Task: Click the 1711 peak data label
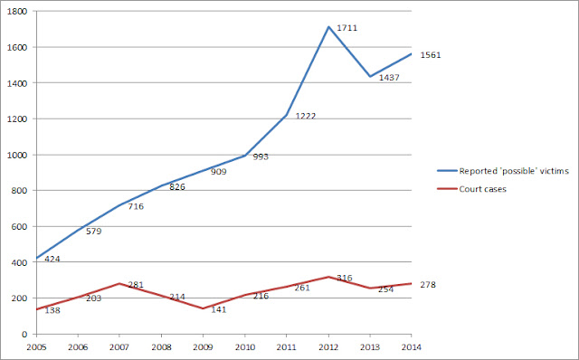347,28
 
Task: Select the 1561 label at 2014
431,55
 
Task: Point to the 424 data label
52,260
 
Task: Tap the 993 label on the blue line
261,156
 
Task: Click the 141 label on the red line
219,309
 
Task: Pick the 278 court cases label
428,285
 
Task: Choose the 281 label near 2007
136,285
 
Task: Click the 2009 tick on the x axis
203,347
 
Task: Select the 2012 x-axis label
328,347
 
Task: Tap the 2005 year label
36,347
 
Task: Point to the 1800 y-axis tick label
17,12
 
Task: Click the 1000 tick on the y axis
17,155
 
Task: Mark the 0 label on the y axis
24,335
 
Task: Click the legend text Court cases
482,189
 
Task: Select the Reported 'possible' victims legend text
514,171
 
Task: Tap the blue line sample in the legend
447,171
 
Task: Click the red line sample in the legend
447,189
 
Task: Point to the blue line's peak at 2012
328,27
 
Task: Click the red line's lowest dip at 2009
203,308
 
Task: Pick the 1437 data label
389,78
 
